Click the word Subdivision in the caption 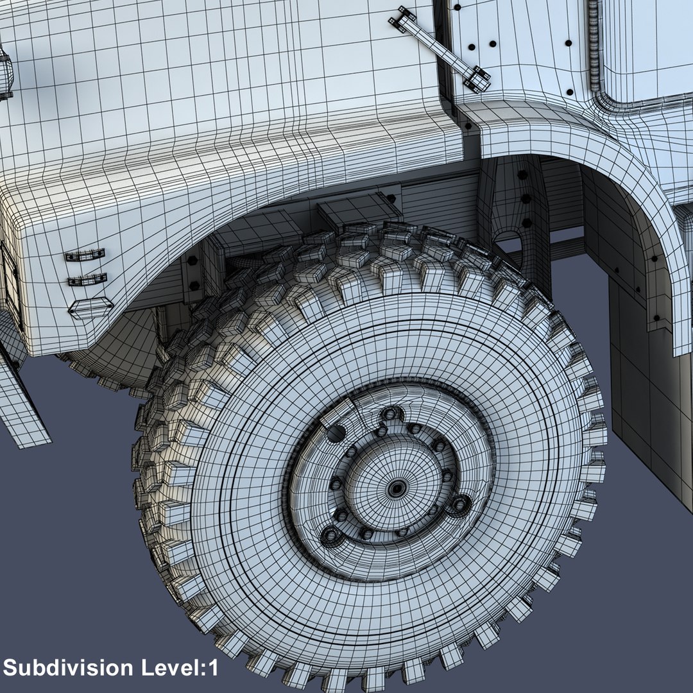coord(68,667)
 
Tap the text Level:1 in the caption coord(180,667)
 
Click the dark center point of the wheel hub coord(397,489)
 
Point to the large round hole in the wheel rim coord(336,434)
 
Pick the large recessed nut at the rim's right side coord(459,504)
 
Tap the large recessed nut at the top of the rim coord(390,414)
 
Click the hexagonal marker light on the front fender coord(90,307)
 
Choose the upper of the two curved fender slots coord(85,255)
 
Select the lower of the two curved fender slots coord(87,280)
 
